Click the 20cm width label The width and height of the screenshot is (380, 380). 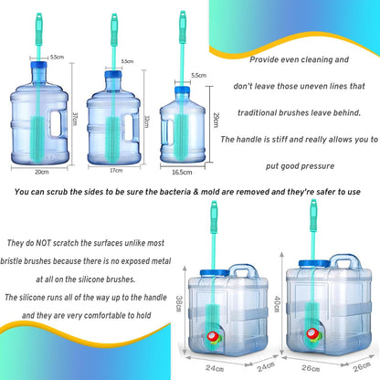42,172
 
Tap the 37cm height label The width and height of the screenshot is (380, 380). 75,119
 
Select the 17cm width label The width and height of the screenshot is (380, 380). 116,171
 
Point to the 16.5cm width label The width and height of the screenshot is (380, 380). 182,173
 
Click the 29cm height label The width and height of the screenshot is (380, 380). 216,120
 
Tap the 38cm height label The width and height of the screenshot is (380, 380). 179,303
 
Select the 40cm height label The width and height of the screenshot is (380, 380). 277,304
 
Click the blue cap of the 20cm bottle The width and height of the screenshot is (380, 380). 39,65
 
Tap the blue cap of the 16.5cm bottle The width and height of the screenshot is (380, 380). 182,90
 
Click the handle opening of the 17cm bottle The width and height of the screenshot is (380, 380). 129,127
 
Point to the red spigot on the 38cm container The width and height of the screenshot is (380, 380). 211,337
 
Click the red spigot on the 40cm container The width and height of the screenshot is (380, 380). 311,333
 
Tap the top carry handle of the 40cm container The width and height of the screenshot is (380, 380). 345,261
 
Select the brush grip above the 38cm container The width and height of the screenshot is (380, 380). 214,216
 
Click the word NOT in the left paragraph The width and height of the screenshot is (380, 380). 43,243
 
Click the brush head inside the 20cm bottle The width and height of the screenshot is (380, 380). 37,138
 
